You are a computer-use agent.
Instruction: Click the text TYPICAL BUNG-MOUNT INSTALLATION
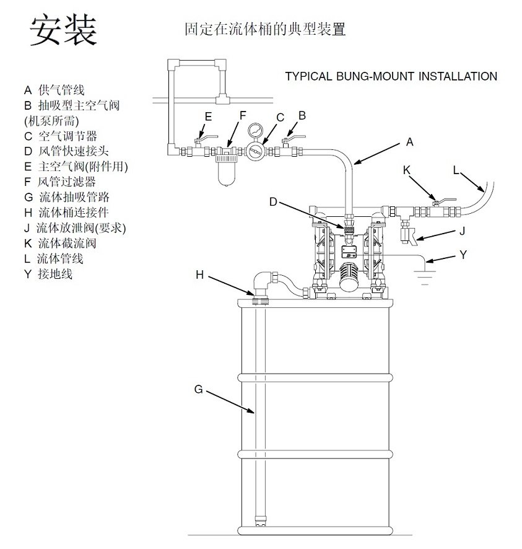[x=390, y=77]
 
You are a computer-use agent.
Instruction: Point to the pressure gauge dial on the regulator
[x=254, y=133]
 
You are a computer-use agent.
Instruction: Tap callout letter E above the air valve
[x=209, y=116]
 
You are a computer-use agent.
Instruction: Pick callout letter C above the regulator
[x=280, y=117]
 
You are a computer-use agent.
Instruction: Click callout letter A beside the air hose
[x=409, y=142]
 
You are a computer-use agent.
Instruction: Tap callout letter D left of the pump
[x=274, y=201]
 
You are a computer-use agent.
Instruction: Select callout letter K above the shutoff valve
[x=407, y=169]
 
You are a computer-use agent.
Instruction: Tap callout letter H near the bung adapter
[x=199, y=274]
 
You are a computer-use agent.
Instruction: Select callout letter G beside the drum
[x=198, y=389]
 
